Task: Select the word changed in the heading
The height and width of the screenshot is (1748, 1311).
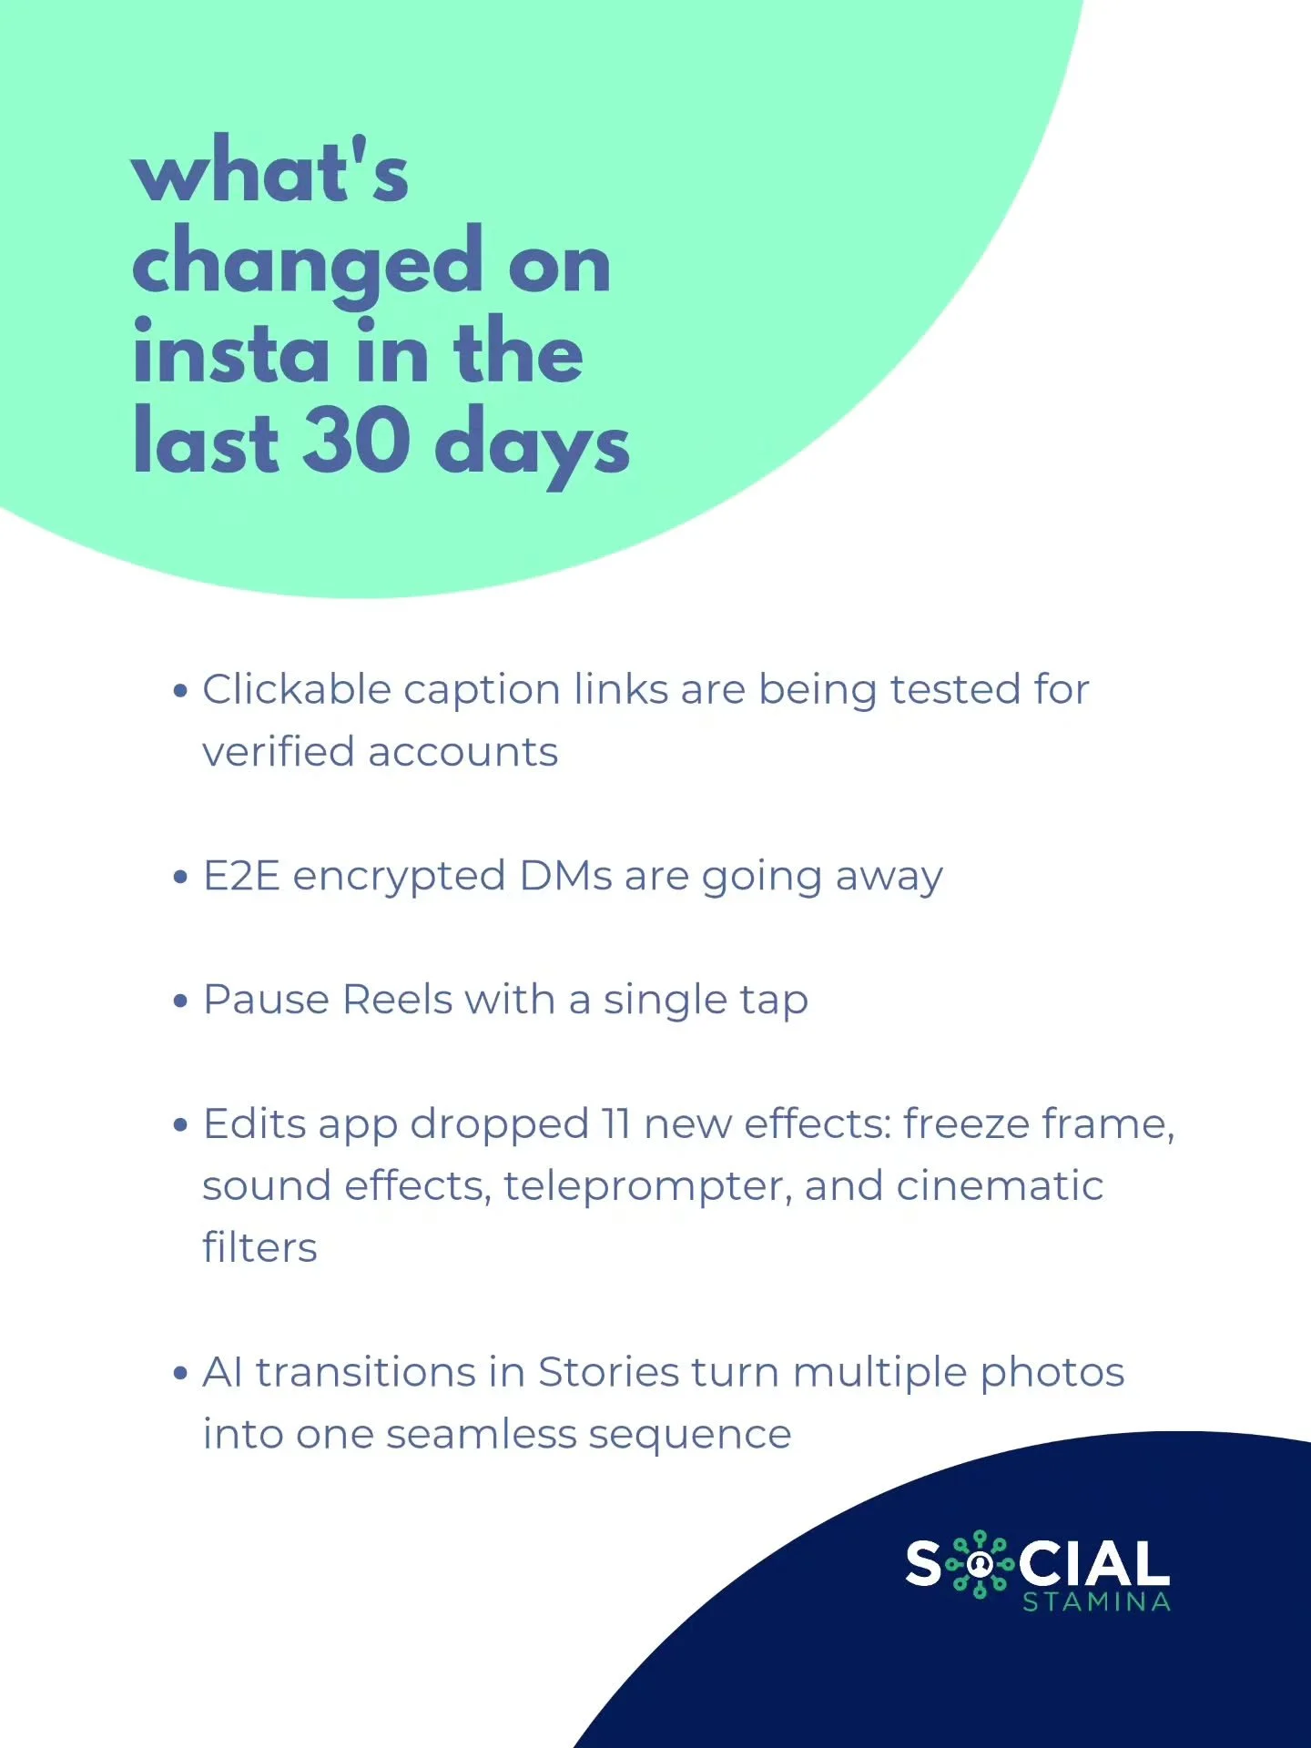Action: (307, 264)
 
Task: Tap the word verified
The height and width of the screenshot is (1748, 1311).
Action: (278, 752)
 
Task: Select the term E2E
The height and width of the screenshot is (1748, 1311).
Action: (240, 876)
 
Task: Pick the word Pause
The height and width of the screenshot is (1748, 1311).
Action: (265, 1000)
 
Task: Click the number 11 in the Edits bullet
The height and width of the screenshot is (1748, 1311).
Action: (615, 1124)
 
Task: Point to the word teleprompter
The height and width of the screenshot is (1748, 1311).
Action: (647, 1187)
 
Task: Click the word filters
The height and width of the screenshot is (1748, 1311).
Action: (259, 1248)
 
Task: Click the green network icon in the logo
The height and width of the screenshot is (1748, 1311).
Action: (980, 1564)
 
